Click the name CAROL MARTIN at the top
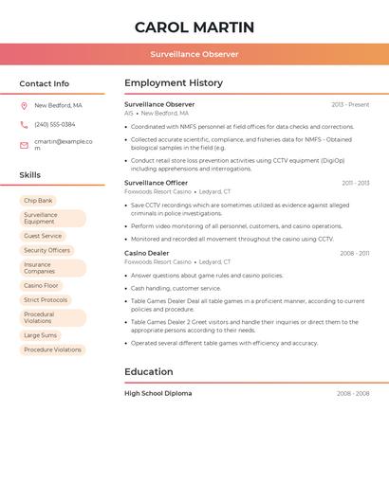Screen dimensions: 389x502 pos(194,27)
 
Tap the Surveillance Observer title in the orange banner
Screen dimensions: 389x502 pos(194,54)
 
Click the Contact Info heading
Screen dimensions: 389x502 pos(45,83)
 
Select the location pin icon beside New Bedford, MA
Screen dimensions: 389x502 pos(24,106)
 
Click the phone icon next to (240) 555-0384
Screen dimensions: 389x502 pos(24,124)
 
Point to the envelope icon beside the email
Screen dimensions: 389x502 pos(24,145)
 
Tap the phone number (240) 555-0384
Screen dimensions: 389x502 pos(55,124)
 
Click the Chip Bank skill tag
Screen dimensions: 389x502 pos(39,201)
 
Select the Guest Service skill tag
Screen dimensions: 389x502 pos(43,236)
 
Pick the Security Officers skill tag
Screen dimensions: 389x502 pos(46,250)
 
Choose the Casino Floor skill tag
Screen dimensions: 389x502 pos(41,285)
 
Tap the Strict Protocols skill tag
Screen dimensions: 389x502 pos(46,299)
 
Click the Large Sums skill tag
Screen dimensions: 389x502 pos(40,335)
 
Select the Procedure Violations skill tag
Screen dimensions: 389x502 pos(52,350)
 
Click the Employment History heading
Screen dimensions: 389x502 pos(174,83)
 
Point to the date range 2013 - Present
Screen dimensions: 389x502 pos(350,104)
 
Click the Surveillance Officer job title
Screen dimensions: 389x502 pos(156,183)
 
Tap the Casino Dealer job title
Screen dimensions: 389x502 pos(147,253)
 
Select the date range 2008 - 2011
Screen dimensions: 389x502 pos(355,253)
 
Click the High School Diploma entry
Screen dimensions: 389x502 pos(157,393)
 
